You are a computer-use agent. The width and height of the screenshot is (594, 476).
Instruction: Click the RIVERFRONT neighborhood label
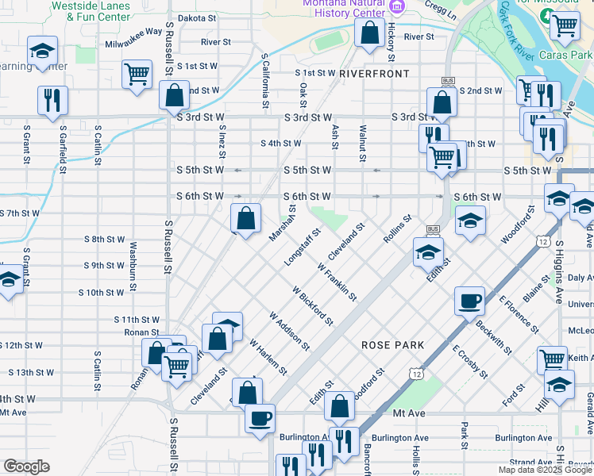[x=373, y=73]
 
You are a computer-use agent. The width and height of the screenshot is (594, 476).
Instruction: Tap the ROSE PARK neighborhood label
[x=392, y=345]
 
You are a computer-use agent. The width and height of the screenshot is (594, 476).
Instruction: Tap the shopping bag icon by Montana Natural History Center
[x=369, y=34]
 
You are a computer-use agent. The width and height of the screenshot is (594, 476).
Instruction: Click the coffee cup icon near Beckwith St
[x=468, y=301]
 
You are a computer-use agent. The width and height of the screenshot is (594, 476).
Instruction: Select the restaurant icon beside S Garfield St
[x=52, y=101]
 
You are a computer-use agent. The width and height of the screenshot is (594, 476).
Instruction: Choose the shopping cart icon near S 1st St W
[x=137, y=75]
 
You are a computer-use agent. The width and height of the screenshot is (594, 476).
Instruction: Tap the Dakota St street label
[x=196, y=17]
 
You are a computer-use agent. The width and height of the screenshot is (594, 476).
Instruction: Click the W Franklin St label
[x=337, y=281]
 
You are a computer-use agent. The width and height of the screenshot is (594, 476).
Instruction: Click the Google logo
[x=26, y=466]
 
